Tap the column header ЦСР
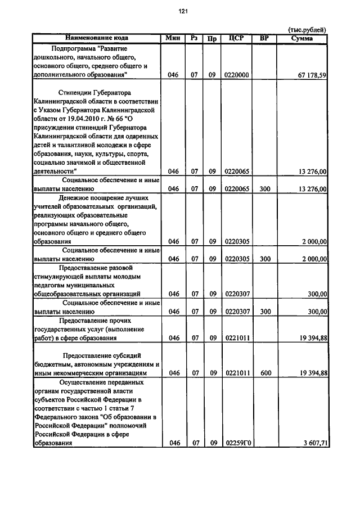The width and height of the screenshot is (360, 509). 236,38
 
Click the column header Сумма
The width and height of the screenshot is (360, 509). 303,38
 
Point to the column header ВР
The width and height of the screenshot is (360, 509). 265,38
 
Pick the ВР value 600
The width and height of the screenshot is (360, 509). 266,373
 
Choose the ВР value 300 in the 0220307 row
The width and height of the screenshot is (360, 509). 266,312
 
